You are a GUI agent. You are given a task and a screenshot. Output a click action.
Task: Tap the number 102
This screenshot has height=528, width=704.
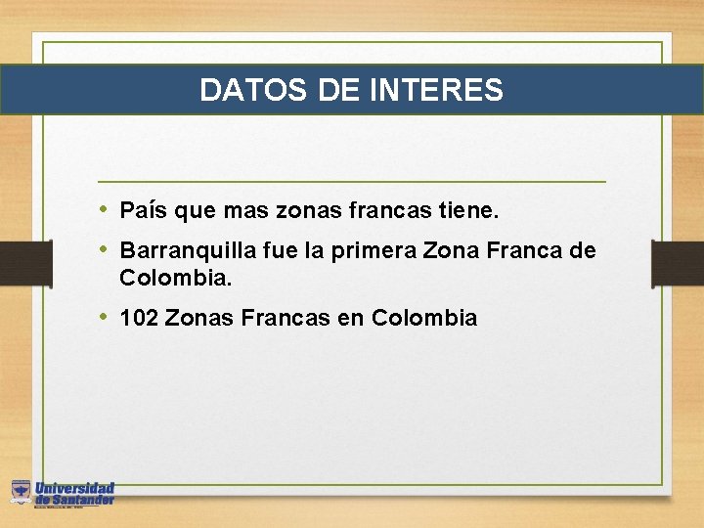point(139,318)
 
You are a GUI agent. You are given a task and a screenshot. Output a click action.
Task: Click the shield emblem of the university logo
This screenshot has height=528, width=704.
point(21,492)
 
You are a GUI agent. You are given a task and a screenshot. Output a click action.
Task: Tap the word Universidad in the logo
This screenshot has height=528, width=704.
point(75,488)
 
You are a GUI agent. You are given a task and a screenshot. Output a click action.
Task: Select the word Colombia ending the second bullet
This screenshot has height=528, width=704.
point(174,278)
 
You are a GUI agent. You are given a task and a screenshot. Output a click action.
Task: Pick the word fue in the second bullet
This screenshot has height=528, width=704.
point(274,251)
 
